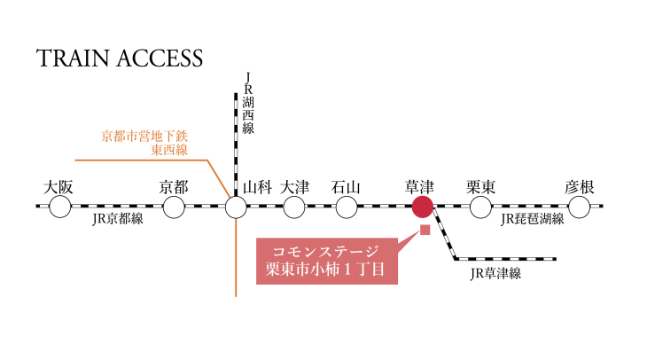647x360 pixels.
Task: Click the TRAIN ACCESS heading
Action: click(120, 59)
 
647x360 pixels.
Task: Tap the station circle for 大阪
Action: click(59, 207)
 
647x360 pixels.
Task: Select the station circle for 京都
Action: click(174, 207)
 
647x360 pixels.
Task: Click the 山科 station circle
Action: click(236, 207)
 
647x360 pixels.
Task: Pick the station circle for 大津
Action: click(294, 207)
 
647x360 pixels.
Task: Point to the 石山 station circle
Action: click(346, 207)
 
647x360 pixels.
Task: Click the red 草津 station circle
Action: click(423, 207)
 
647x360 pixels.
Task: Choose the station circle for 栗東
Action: click(480, 207)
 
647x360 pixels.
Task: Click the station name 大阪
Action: click(59, 187)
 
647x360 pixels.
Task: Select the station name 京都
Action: click(174, 187)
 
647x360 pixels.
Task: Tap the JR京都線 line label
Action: click(117, 220)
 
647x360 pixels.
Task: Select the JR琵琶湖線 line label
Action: click(532, 220)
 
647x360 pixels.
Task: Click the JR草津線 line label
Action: click(496, 273)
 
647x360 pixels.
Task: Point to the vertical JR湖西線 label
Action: click(249, 106)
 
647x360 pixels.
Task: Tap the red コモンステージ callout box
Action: click(328, 261)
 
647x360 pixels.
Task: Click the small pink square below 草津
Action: click(425, 231)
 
